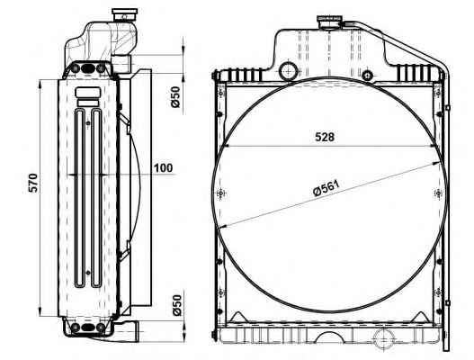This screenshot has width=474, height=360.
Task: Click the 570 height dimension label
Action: coord(32,183)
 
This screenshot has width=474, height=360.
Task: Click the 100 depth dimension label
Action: coord(163,168)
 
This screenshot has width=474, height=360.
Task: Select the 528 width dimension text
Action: coord(325,137)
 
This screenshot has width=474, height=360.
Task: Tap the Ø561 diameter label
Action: coord(326,188)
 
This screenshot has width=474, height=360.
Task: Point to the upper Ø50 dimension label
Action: coord(175,97)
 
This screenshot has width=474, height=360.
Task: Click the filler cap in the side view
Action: coord(124,14)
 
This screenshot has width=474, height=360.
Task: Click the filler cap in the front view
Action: coord(329,22)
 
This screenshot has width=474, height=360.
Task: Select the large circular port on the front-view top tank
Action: coord(289,71)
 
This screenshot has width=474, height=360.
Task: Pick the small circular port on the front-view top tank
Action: coord(367,75)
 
